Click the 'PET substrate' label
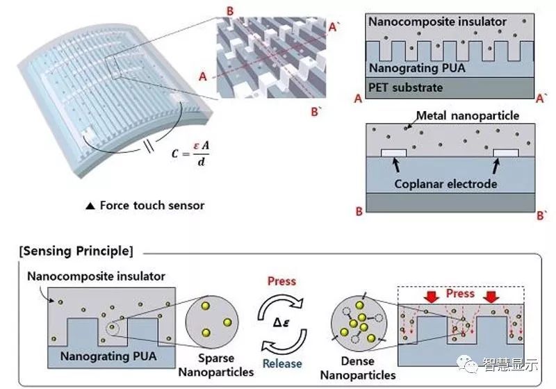(405, 87)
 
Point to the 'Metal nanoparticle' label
(466, 115)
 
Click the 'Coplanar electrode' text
(445, 183)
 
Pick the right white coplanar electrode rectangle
(505, 151)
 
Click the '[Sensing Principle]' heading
(76, 250)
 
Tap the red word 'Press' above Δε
(281, 281)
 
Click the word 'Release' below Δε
(282, 363)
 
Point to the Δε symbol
(281, 322)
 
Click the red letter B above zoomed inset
(231, 10)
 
